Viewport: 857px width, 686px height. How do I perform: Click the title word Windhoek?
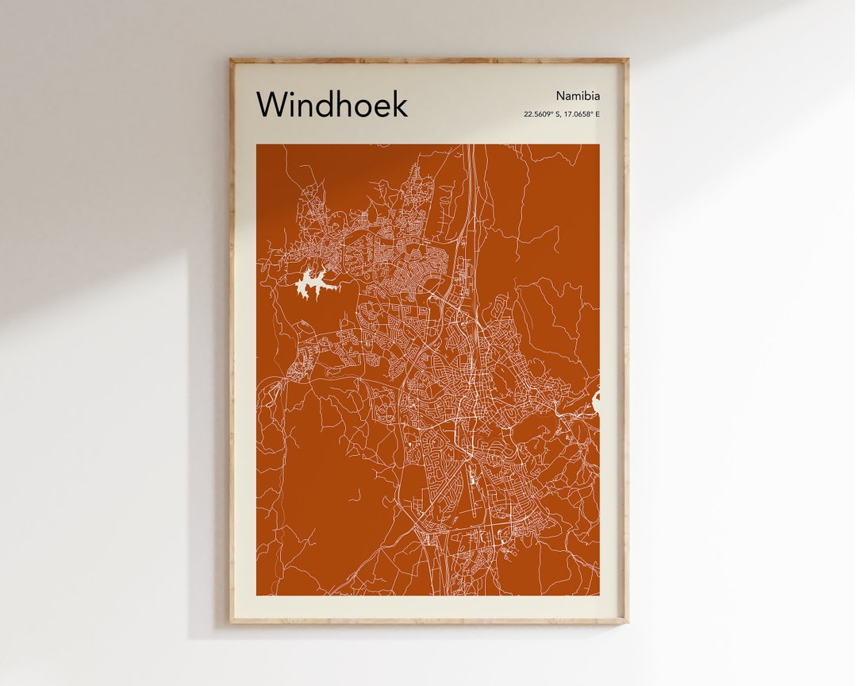point(332,104)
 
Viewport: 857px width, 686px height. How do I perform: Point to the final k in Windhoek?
point(400,104)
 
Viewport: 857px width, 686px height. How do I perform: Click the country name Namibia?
point(578,96)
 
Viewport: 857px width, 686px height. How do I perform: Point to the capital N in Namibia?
point(559,96)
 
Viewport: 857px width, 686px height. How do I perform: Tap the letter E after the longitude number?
point(598,114)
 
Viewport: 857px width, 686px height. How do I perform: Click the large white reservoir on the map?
point(313,283)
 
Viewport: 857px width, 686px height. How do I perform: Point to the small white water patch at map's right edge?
point(596,403)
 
